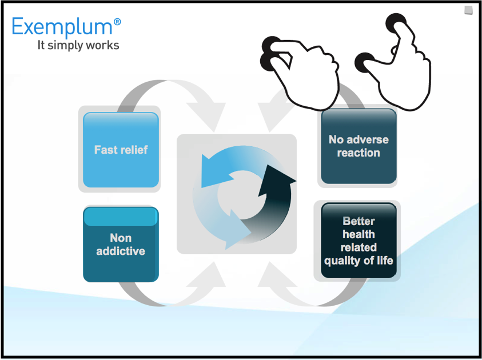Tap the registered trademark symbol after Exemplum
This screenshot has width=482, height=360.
[117, 22]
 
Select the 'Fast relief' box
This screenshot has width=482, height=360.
[121, 150]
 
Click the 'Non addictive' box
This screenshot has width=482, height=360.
[121, 245]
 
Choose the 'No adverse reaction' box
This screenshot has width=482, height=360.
[358, 146]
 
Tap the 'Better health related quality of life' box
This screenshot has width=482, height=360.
[358, 241]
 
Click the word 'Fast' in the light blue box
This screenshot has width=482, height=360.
[105, 150]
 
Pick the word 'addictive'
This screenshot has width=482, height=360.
[121, 251]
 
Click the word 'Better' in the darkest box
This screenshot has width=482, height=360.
[358, 221]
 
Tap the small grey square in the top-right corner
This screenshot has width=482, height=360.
[468, 10]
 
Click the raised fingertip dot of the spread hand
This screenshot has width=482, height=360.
[395, 24]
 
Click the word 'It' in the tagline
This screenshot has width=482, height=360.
[41, 45]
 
